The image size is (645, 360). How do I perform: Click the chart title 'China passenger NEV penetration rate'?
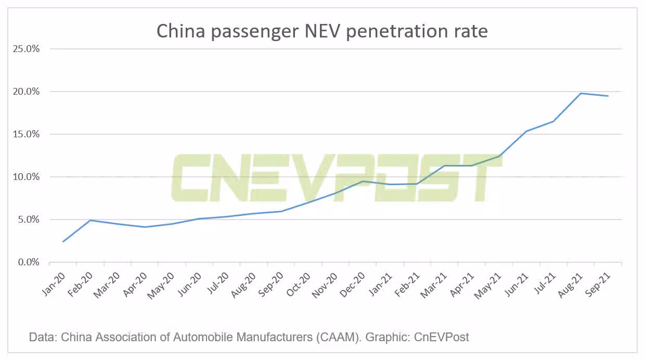click(322, 31)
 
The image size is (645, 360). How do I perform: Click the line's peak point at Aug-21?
click(580, 93)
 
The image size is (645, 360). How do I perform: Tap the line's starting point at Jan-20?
click(63, 241)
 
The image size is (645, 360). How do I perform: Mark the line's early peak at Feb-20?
click(91, 220)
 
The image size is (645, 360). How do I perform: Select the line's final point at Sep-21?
click(608, 96)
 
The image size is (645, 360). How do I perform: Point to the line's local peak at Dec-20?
click(363, 181)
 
